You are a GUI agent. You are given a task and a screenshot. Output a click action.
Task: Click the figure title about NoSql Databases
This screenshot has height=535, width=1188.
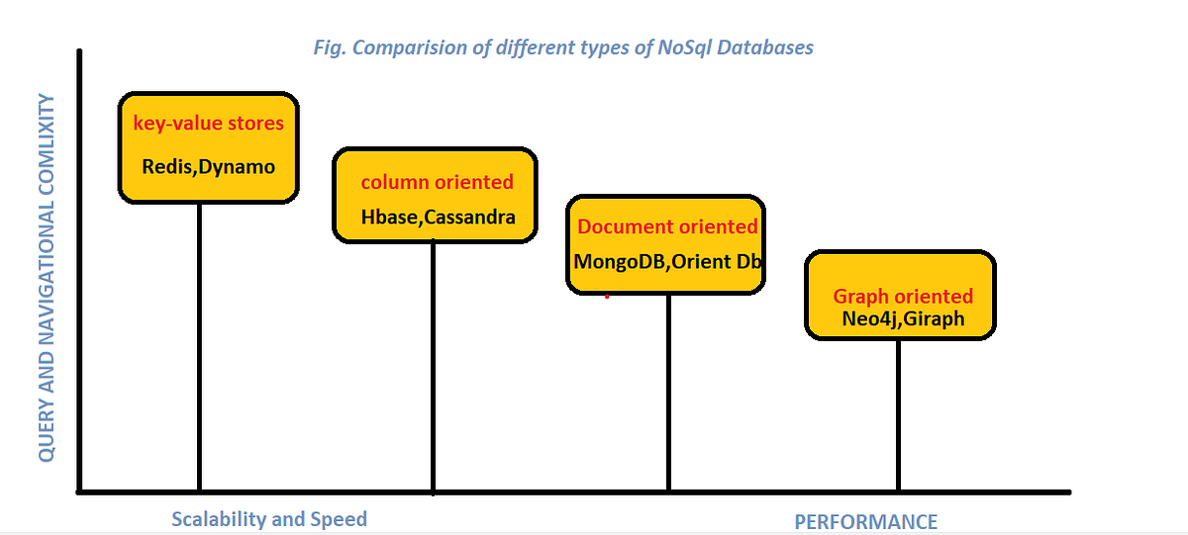pyautogui.click(x=562, y=47)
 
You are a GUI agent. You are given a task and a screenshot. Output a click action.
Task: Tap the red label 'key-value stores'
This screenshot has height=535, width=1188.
pyautogui.click(x=209, y=124)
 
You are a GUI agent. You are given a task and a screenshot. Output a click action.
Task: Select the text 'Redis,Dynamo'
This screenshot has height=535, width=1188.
pyautogui.click(x=209, y=166)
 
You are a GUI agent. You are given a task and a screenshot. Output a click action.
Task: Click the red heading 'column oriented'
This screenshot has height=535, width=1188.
pyautogui.click(x=437, y=182)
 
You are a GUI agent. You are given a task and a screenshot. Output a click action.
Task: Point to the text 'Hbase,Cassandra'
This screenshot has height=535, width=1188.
pyautogui.click(x=438, y=218)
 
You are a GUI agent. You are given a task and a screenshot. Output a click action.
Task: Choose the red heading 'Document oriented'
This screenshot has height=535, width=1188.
pyautogui.click(x=667, y=226)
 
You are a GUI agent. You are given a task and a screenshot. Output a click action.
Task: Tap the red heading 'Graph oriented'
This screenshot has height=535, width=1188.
pyautogui.click(x=903, y=296)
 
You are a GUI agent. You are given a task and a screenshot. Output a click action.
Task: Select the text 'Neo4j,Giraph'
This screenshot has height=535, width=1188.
pyautogui.click(x=903, y=319)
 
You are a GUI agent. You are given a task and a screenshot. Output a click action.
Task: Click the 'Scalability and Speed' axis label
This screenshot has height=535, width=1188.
pyautogui.click(x=268, y=519)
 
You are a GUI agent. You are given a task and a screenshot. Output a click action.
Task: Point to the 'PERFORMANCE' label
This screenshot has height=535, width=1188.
pyautogui.click(x=865, y=522)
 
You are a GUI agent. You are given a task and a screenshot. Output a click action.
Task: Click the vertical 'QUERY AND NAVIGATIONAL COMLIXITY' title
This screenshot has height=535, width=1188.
pyautogui.click(x=46, y=277)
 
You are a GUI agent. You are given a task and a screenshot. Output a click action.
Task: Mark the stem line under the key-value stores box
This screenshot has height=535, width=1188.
pyautogui.click(x=200, y=346)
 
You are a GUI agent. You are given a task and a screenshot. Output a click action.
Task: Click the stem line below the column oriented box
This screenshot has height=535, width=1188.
pyautogui.click(x=434, y=366)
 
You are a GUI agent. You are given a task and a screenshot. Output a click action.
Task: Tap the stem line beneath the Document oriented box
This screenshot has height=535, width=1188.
pyautogui.click(x=668, y=391)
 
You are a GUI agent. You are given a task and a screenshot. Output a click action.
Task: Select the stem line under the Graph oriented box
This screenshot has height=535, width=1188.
pyautogui.click(x=899, y=415)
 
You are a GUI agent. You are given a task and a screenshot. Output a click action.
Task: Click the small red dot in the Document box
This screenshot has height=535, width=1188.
pyautogui.click(x=607, y=295)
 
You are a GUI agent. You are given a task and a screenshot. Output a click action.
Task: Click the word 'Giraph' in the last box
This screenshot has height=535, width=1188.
pyautogui.click(x=934, y=319)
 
